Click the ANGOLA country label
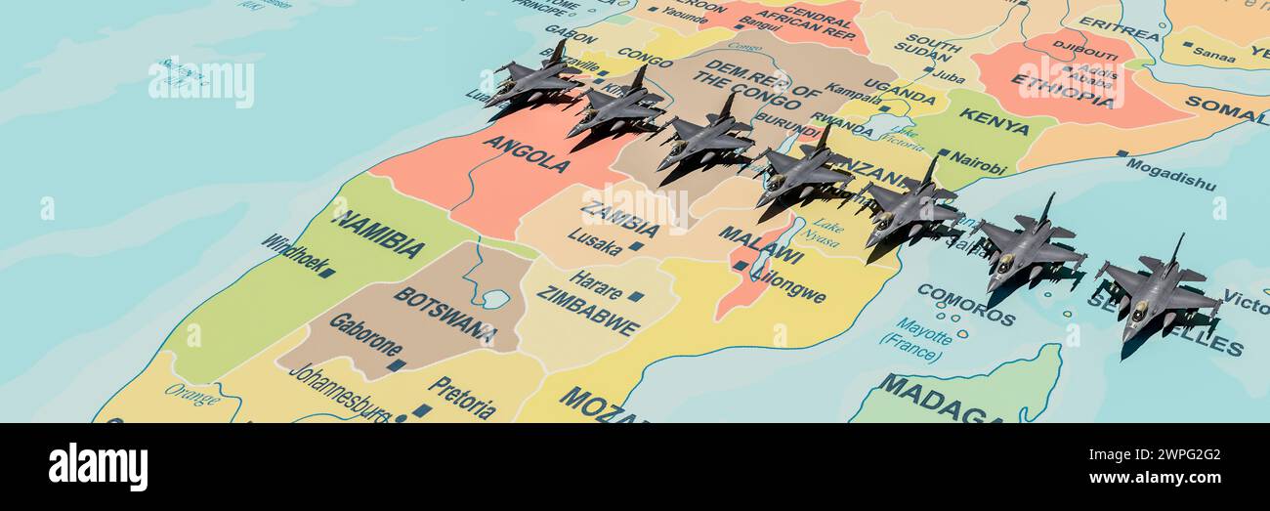coord(527,153)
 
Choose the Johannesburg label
coord(338,393)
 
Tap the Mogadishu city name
coord(1169,174)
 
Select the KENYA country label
coord(994,121)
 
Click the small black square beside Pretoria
coord(422,410)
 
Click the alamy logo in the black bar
coord(98,467)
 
